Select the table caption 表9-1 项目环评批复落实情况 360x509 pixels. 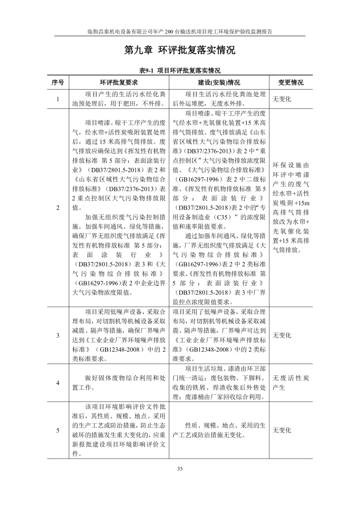coord(180,71)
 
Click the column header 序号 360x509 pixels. coord(58,83)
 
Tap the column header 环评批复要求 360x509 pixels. coord(119,83)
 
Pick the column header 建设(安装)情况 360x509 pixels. coord(219,83)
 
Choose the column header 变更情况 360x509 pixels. coord(291,83)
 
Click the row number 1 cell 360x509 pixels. coord(58,99)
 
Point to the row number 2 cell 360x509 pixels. coord(58,207)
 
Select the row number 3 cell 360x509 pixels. coord(58,335)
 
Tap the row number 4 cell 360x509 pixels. coord(58,383)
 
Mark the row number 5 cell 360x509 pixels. coord(58,430)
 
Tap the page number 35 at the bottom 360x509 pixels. coord(180,469)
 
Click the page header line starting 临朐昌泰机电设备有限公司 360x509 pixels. coord(180,32)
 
